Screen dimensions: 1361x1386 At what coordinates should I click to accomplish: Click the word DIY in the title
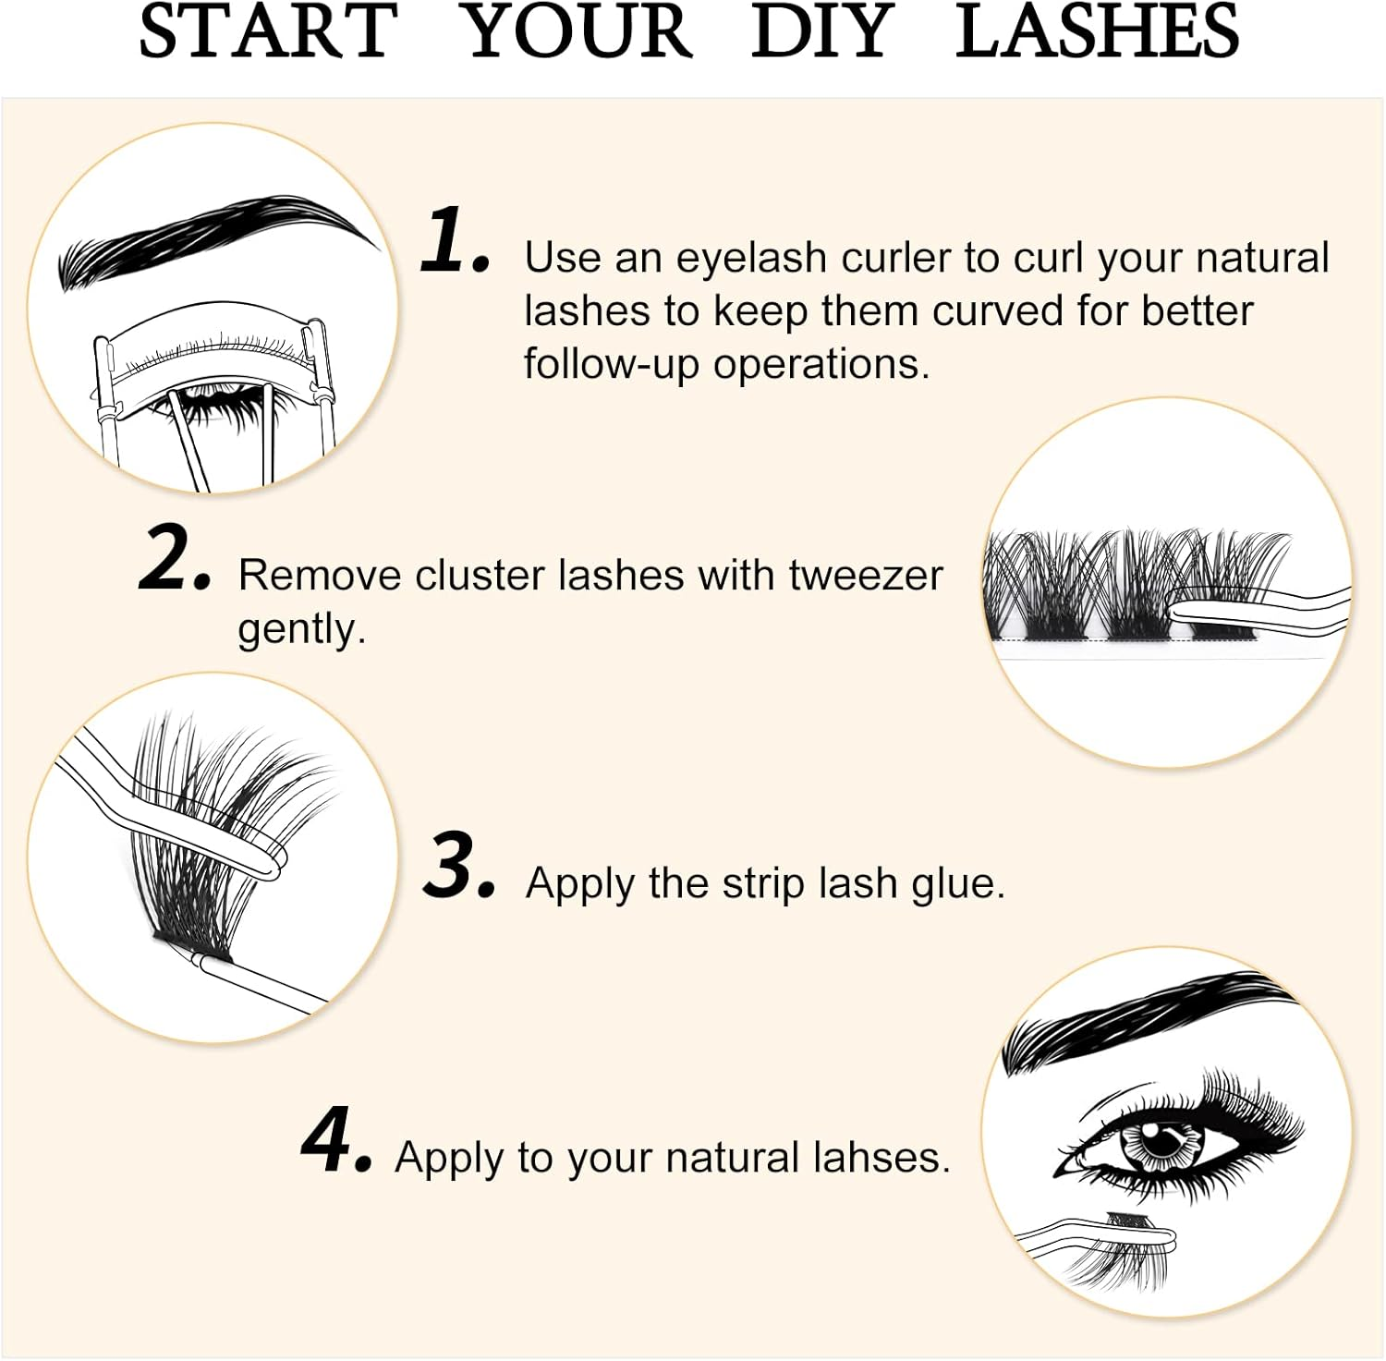coord(822,32)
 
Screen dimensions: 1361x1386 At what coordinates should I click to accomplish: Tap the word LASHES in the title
coord(1097,32)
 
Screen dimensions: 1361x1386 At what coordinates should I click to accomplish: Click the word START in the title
coord(268,32)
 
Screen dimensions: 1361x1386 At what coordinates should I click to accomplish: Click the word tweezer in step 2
coord(865,576)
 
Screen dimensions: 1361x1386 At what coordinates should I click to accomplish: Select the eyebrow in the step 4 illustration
coord(1146,1021)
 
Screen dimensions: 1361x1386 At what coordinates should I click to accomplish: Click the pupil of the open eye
coord(1161,1143)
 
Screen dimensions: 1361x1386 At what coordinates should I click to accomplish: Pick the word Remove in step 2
coord(318,576)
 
